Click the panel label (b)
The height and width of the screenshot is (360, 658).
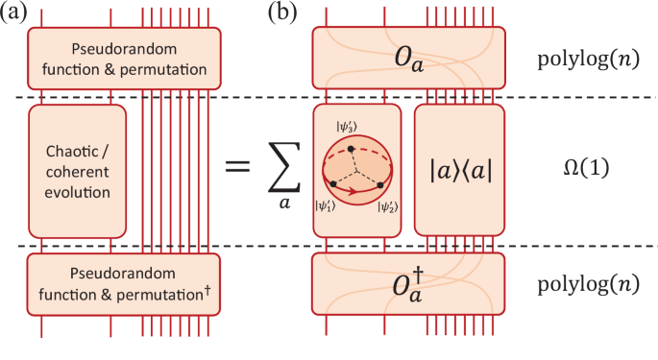[x=287, y=12]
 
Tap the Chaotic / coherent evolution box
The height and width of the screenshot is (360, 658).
[x=78, y=171]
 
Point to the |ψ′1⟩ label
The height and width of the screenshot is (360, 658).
[x=326, y=204]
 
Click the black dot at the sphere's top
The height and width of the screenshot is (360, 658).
[x=352, y=148]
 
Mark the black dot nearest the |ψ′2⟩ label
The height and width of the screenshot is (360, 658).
[x=380, y=183]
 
